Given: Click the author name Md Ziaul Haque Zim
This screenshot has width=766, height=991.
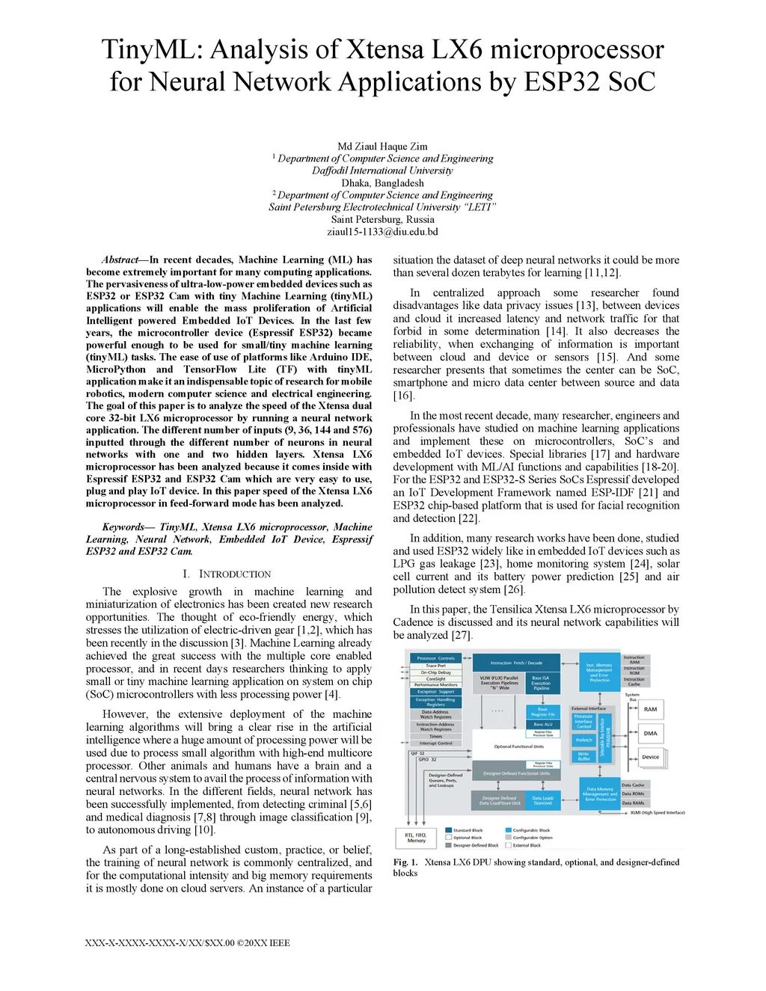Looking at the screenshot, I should pyautogui.click(x=382, y=147).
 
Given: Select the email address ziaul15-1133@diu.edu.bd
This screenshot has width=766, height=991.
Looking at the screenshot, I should pyautogui.click(x=382, y=232).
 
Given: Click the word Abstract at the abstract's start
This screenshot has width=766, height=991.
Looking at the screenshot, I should pyautogui.click(x=120, y=260).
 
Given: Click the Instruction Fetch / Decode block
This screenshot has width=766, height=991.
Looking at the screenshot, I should pyautogui.click(x=516, y=663).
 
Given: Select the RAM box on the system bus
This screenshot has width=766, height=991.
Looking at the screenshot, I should pyautogui.click(x=650, y=709).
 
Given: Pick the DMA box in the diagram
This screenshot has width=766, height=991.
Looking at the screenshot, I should pyautogui.click(x=650, y=733).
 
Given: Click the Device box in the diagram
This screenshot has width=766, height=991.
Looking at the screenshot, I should pyautogui.click(x=650, y=757).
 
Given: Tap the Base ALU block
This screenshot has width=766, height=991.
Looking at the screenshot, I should pyautogui.click(x=542, y=724).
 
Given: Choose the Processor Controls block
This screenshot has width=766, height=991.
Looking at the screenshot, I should pyautogui.click(x=435, y=658).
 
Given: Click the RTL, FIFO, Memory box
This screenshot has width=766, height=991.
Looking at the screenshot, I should pyautogui.click(x=416, y=838).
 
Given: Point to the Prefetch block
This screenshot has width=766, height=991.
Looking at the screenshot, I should pyautogui.click(x=583, y=740).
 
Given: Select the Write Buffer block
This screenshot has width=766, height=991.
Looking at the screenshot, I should pyautogui.click(x=583, y=756).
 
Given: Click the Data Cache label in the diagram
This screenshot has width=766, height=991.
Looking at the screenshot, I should pyautogui.click(x=633, y=785).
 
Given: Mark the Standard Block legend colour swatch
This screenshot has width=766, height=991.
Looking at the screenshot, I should pyautogui.click(x=448, y=830).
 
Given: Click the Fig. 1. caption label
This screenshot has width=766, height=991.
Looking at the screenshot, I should pyautogui.click(x=405, y=862).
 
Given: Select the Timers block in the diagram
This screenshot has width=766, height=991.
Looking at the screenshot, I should pyautogui.click(x=435, y=737).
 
